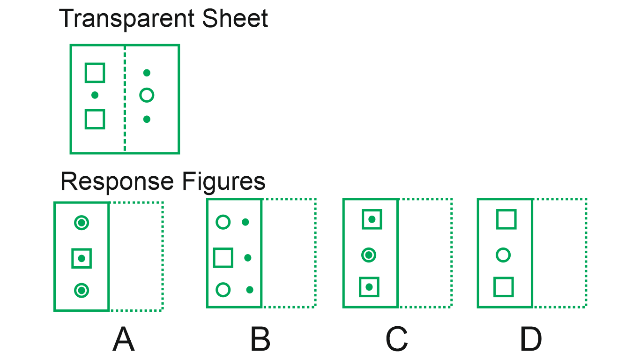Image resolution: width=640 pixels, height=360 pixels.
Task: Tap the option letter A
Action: [124, 340]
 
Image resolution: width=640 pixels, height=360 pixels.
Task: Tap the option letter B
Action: [260, 340]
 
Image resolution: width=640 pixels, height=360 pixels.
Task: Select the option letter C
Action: [396, 340]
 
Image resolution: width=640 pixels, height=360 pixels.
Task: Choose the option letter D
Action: [531, 340]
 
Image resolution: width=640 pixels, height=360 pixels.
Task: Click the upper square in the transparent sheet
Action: [95, 73]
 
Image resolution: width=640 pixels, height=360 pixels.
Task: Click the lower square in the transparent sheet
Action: [95, 119]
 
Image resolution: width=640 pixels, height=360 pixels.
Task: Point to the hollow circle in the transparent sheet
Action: [147, 96]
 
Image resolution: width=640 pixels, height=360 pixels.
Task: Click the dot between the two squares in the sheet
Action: [95, 95]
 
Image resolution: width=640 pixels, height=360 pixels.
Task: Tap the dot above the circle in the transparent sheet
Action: [147, 73]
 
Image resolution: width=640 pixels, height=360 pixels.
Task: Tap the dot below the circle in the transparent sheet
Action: [147, 119]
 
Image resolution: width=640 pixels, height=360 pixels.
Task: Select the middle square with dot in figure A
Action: [82, 258]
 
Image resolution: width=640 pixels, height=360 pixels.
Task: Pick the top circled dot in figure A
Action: [82, 223]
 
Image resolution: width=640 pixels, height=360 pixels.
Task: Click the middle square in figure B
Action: [223, 258]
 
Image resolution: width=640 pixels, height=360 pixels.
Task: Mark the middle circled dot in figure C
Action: [369, 255]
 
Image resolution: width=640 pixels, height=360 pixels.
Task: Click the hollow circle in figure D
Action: [503, 255]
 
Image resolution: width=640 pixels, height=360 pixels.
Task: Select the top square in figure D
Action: [506, 219]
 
